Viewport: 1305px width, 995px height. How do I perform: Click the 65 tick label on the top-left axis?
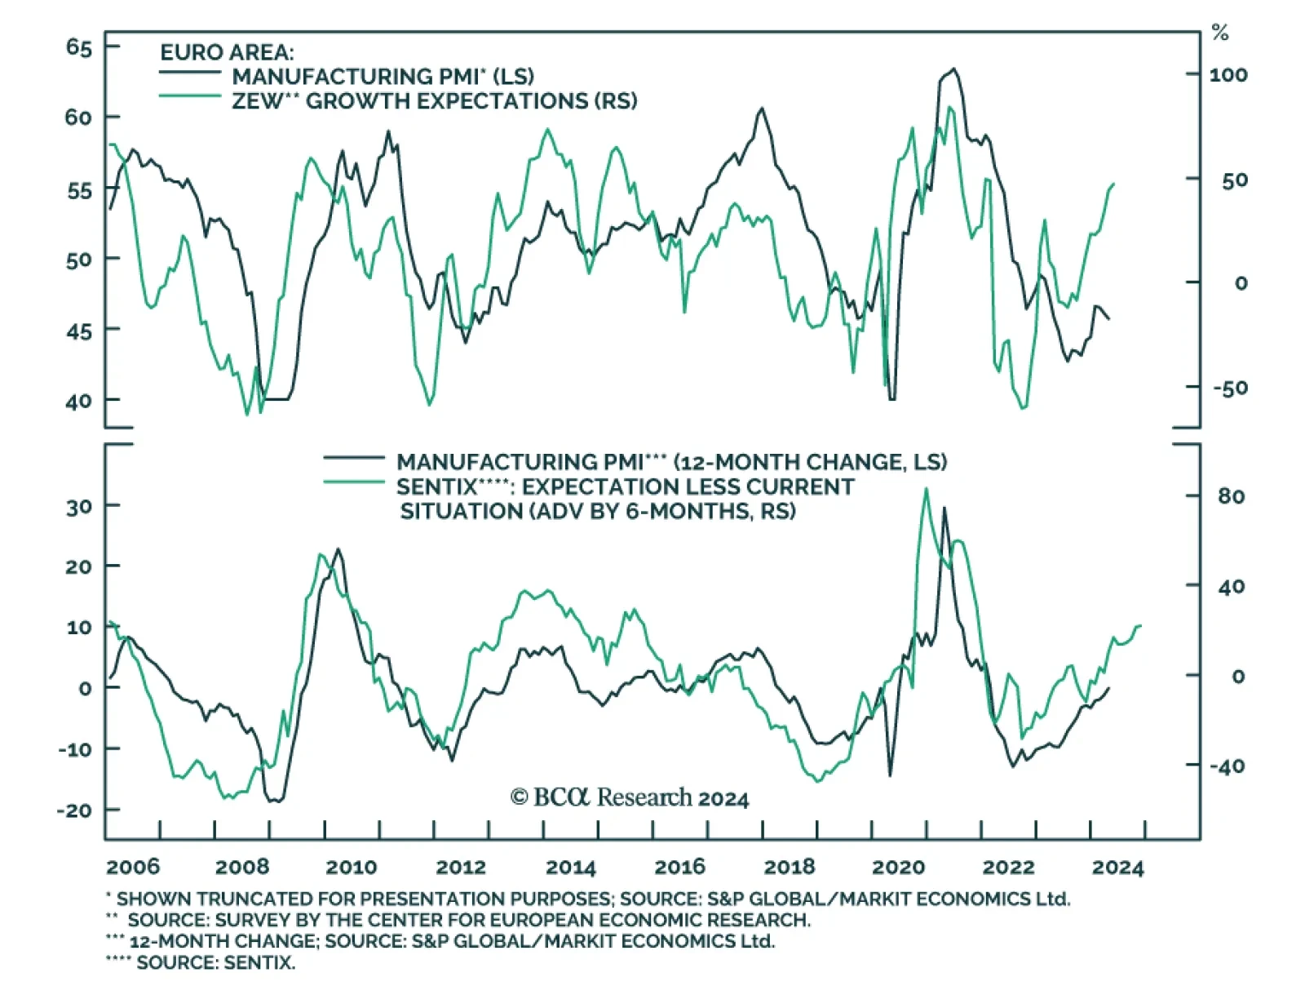[79, 47]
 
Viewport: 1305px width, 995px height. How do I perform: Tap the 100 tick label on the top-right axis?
[1228, 75]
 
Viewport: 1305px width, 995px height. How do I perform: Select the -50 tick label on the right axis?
[1229, 388]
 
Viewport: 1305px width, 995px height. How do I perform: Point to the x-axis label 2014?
[570, 867]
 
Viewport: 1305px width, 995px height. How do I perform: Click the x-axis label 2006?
[133, 867]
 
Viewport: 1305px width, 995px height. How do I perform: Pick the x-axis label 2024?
[1117, 867]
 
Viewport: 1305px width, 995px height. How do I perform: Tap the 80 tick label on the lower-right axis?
[1231, 496]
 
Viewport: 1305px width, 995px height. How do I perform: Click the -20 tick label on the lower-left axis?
[74, 811]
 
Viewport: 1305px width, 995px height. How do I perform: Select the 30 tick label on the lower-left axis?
[79, 507]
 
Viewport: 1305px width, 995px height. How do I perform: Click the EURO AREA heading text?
[227, 53]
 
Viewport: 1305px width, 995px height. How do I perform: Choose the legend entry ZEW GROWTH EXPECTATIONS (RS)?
[434, 101]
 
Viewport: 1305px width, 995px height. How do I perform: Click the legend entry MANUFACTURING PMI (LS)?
[383, 77]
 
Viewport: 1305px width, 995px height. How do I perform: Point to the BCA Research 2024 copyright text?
[630, 797]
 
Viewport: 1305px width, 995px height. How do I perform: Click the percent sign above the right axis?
[1220, 33]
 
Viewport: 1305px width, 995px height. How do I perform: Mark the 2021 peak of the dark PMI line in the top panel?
[954, 69]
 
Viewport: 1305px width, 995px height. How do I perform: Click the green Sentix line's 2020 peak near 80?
[926, 489]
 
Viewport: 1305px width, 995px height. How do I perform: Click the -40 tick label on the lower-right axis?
[1227, 766]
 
